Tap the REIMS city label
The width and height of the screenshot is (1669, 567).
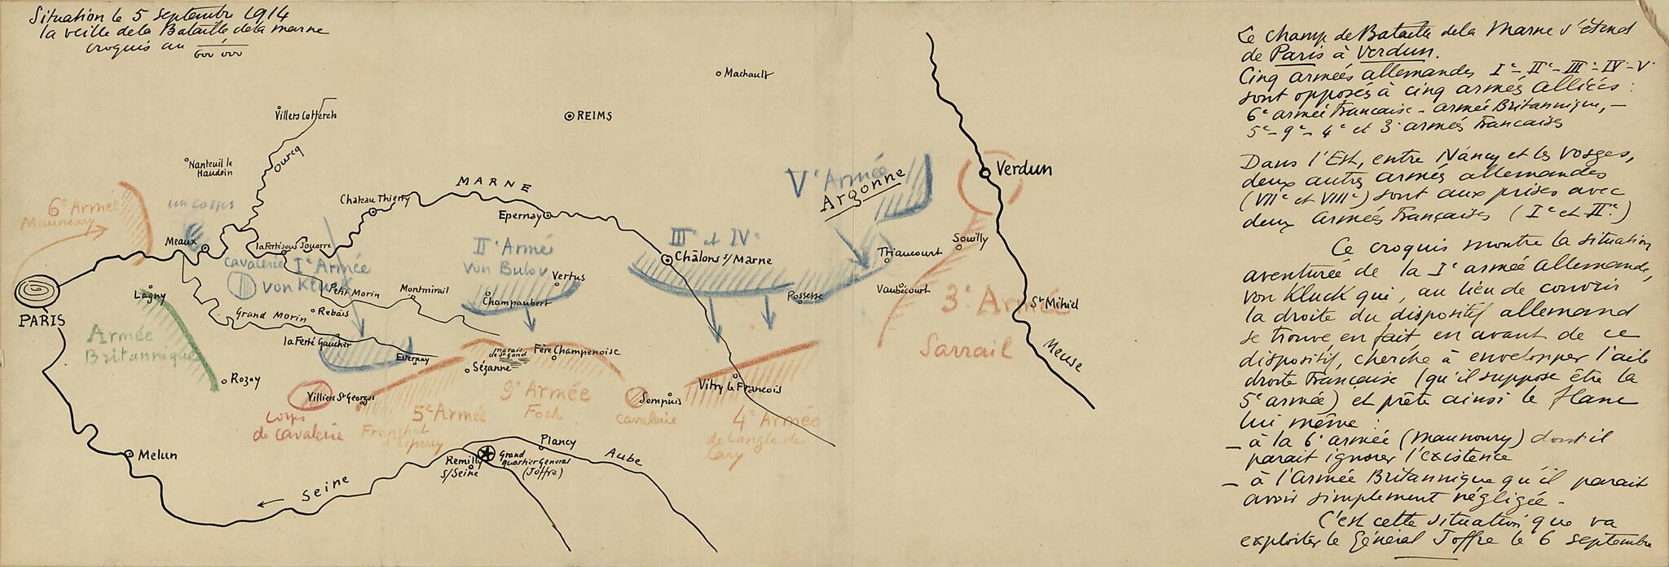(x=593, y=116)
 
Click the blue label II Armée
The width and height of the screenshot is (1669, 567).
(x=504, y=244)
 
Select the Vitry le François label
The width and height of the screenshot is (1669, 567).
(x=741, y=389)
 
